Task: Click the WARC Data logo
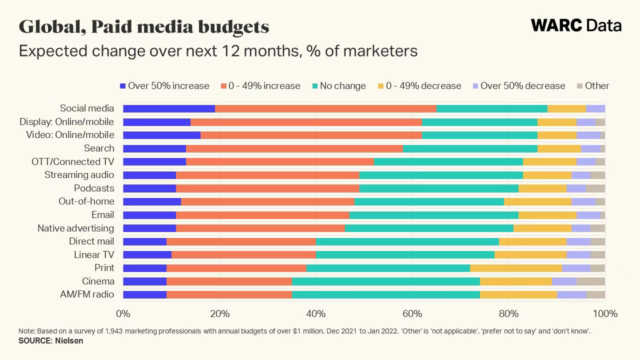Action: [576, 25]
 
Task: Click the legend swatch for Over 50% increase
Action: [123, 86]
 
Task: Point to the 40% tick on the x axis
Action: [316, 314]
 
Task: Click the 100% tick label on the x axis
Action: [605, 314]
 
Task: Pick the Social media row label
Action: [87, 108]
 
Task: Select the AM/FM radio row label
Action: [87, 294]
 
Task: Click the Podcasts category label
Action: [94, 188]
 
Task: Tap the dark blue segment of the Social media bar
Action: [169, 108]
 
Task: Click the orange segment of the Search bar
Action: [294, 148]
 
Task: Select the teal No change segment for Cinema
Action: [385, 281]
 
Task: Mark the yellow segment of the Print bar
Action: [515, 268]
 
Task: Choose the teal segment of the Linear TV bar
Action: [405, 255]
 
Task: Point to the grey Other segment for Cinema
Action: [590, 281]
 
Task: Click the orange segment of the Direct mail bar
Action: [241, 241]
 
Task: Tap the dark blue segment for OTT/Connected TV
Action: [154, 161]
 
